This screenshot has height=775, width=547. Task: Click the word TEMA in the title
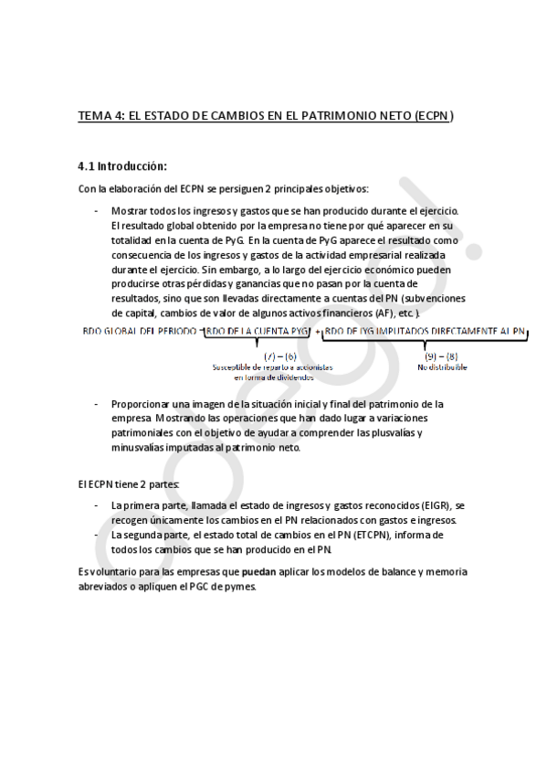point(92,117)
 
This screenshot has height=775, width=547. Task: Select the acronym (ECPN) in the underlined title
point(433,117)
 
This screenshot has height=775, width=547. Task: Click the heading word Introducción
point(131,166)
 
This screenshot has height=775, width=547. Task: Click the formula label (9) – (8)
point(441,354)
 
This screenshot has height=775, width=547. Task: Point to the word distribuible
point(447,366)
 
